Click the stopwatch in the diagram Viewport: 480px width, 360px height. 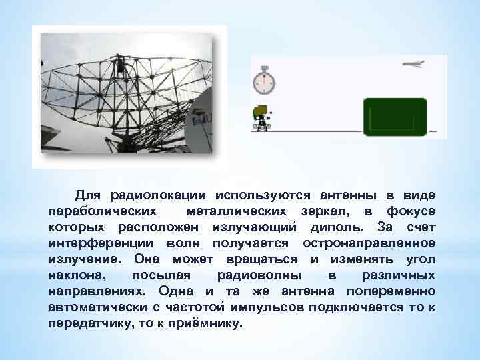264,80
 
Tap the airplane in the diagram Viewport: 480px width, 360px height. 413,64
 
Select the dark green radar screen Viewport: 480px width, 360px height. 395,117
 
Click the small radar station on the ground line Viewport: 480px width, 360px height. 261,118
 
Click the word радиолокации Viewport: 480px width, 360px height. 158,195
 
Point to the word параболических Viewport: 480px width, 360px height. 102,211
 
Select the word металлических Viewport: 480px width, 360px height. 236,211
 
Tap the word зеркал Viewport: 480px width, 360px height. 325,211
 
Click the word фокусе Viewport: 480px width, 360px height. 411,211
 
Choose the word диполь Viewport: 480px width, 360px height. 337,227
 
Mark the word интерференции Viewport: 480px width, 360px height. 101,243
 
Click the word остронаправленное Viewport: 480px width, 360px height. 369,243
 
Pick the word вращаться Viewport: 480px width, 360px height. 261,259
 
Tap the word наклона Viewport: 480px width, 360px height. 77,275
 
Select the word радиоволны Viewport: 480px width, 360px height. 259,275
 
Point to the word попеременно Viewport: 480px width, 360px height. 391,291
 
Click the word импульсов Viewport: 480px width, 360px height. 267,307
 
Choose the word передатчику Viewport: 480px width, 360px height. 90,323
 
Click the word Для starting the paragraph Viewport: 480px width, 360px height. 88,195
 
